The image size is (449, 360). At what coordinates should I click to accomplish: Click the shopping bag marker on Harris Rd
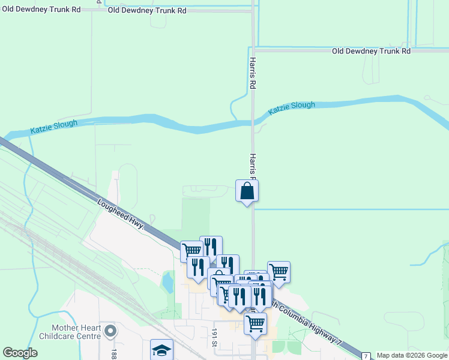(x=247, y=192)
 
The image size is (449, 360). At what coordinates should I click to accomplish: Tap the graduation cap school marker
(x=161, y=350)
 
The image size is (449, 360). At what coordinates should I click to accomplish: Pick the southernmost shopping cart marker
(x=256, y=324)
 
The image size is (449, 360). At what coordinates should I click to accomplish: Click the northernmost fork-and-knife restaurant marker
(x=211, y=247)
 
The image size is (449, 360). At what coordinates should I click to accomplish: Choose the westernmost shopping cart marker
(x=191, y=251)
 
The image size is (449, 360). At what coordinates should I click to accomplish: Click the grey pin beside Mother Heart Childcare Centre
(x=110, y=331)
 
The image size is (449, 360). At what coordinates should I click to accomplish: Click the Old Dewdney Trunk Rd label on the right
(x=372, y=52)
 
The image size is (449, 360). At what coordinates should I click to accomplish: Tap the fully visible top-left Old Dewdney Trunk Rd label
(x=147, y=11)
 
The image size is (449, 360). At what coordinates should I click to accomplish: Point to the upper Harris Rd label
(x=253, y=74)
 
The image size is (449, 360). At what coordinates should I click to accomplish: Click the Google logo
(x=20, y=353)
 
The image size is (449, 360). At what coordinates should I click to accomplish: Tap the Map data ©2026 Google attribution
(x=412, y=355)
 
